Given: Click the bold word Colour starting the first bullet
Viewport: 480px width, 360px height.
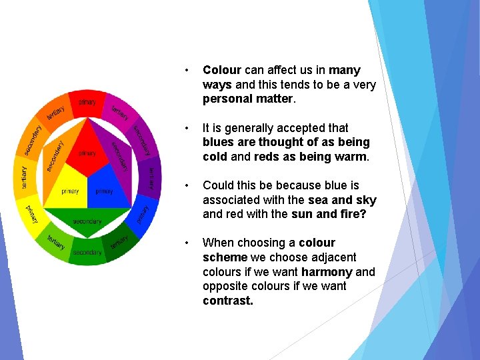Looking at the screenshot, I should pyautogui.click(x=222, y=70).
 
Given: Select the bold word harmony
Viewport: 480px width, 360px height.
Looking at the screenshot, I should pyautogui.click(x=327, y=272).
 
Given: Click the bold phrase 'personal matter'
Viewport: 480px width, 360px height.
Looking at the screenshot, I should pyautogui.click(x=248, y=99).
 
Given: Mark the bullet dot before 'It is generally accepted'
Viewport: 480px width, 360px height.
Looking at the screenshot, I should pyautogui.click(x=189, y=128).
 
